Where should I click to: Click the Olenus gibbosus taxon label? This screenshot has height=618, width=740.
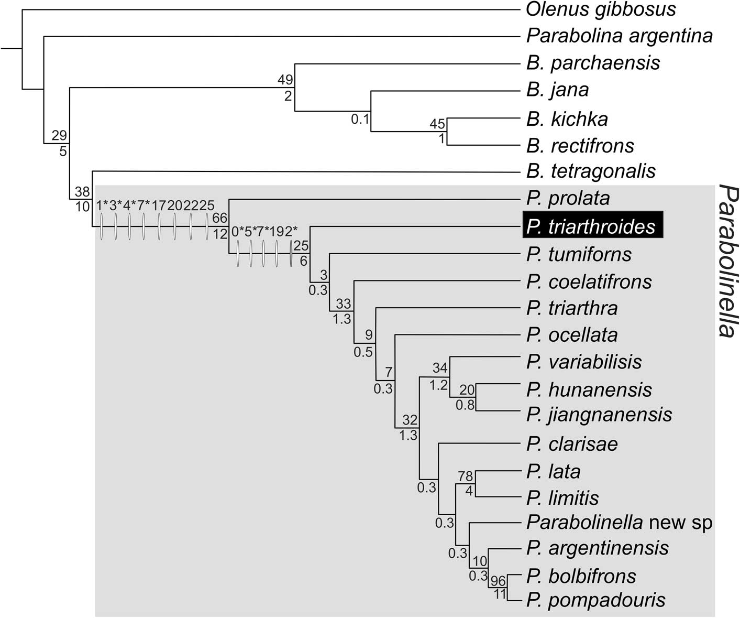click(601, 9)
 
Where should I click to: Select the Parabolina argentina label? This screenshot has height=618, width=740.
click(620, 36)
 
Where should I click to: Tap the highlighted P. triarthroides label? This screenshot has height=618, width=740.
click(592, 226)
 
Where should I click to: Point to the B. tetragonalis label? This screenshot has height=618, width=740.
click(591, 171)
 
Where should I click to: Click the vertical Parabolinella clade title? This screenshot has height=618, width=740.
click(728, 261)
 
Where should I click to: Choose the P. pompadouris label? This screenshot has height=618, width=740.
click(596, 600)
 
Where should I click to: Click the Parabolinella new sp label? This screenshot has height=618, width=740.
click(620, 523)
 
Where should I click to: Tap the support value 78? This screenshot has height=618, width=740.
click(465, 476)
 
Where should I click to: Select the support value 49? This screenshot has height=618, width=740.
click(285, 80)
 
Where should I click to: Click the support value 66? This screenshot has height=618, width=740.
click(219, 218)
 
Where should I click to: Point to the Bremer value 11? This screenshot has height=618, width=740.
click(500, 594)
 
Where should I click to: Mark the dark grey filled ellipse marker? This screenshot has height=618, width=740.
click(291, 254)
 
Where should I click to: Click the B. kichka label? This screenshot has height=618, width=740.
click(567, 119)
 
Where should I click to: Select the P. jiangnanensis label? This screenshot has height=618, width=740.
click(599, 415)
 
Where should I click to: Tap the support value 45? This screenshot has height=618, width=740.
click(437, 124)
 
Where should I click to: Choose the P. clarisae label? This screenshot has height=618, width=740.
click(572, 444)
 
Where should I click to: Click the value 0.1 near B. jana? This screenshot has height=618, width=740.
click(360, 120)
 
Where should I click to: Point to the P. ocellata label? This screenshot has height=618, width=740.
click(572, 335)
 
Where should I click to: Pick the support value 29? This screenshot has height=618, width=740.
click(59, 136)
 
